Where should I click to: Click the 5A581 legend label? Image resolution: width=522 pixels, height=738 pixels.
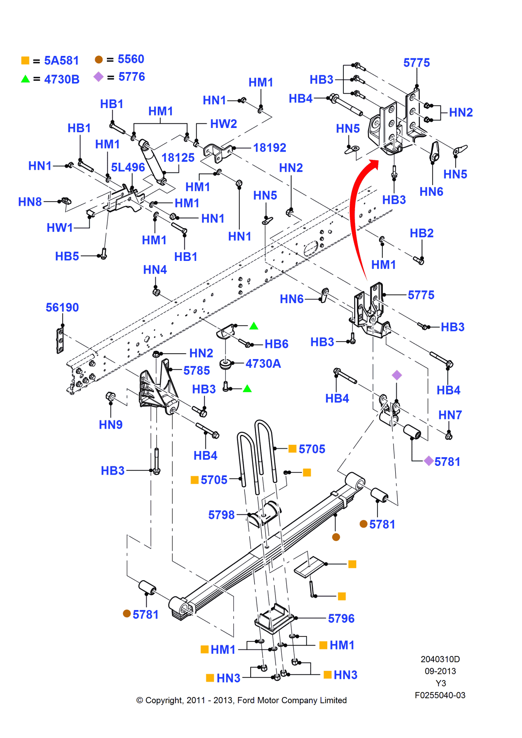click(x=61, y=60)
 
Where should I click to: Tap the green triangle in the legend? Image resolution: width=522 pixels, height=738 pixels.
click(x=25, y=79)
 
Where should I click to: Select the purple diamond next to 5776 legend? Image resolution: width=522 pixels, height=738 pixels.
click(x=98, y=77)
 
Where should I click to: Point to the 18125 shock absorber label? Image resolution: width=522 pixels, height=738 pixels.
click(x=178, y=158)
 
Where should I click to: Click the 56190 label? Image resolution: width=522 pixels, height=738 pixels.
click(x=62, y=307)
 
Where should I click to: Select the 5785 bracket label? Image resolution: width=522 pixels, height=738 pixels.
click(x=196, y=370)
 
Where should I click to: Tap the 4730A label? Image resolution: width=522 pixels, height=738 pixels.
click(x=263, y=364)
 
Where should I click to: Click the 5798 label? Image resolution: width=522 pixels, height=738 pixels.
click(x=221, y=515)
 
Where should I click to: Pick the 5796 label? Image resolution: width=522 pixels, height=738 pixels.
click(x=341, y=618)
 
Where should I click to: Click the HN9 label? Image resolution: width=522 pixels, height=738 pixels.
click(x=111, y=424)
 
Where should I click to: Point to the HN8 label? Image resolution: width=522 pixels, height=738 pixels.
click(x=30, y=202)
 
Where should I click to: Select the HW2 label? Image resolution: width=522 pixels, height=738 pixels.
click(x=223, y=124)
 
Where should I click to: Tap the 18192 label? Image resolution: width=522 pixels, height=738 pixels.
click(x=270, y=147)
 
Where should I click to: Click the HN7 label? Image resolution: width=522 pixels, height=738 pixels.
click(x=450, y=415)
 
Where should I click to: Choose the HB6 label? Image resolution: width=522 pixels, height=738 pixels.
click(x=276, y=344)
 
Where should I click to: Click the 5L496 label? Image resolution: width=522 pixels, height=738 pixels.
click(x=128, y=167)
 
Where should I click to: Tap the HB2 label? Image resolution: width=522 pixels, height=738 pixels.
click(x=421, y=233)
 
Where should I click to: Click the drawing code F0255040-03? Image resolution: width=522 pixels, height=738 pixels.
click(x=440, y=695)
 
